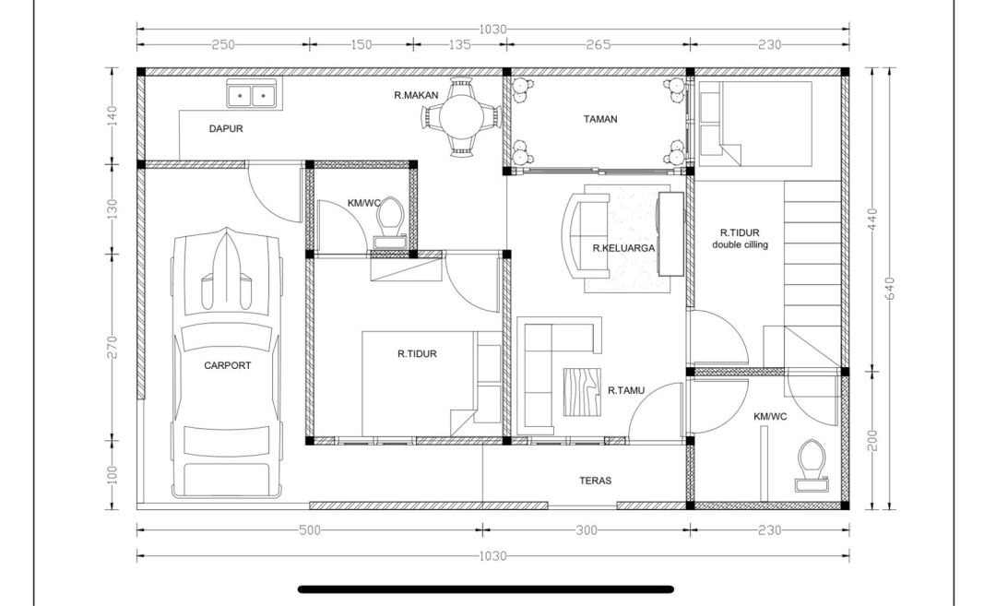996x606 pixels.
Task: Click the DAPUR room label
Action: point(226,128)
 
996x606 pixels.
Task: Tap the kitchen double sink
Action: point(252,95)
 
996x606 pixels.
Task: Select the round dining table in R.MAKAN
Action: point(462,117)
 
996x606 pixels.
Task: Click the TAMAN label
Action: point(600,119)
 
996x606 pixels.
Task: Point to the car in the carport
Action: point(227,362)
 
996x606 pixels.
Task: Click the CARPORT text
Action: point(228,365)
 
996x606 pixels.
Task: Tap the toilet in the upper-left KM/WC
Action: point(390,222)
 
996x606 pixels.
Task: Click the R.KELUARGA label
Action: point(623,248)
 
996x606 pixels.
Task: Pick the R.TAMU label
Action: point(626,390)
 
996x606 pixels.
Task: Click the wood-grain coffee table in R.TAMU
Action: point(583,392)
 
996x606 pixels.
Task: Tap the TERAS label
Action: point(595,481)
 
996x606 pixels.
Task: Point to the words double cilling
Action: point(740,244)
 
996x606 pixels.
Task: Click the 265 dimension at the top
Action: point(599,44)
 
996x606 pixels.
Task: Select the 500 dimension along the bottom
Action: point(309,530)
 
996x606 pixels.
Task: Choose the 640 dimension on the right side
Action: point(889,289)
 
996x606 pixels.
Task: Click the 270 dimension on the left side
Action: point(113,347)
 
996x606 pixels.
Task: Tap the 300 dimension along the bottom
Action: point(587,530)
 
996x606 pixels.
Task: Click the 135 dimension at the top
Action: point(460,44)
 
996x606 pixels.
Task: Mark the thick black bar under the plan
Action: point(486,589)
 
